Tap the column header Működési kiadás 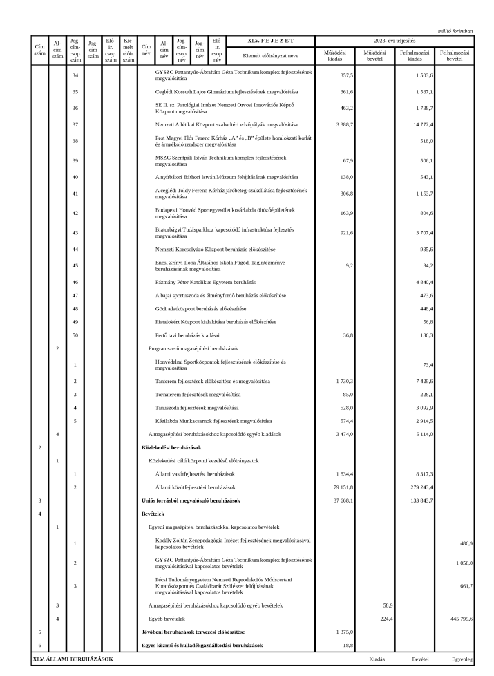coord(334,55)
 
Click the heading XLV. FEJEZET coord(270,41)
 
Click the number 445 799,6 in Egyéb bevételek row coord(458,619)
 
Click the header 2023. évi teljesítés coord(395,41)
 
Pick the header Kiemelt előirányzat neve coord(270,55)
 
